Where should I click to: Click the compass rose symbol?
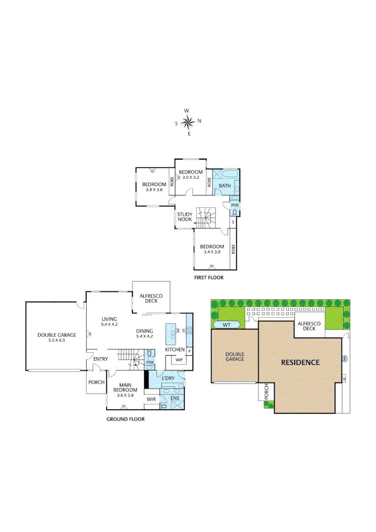coord(188,122)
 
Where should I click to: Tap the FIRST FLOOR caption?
coord(209,278)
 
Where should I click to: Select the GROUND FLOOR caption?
coord(125,419)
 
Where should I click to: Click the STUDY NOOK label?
coord(185,217)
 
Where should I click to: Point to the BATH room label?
coord(225,186)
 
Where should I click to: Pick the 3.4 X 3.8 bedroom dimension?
coord(212,252)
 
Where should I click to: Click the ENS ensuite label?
coord(175,398)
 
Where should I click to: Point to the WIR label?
coord(151,399)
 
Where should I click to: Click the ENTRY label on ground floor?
coord(100,359)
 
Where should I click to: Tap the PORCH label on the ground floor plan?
coord(96,382)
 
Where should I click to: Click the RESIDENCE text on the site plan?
coord(300,362)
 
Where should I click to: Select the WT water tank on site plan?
coord(227,325)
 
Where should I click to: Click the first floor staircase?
coord(206,217)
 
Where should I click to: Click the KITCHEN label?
coord(175,350)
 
